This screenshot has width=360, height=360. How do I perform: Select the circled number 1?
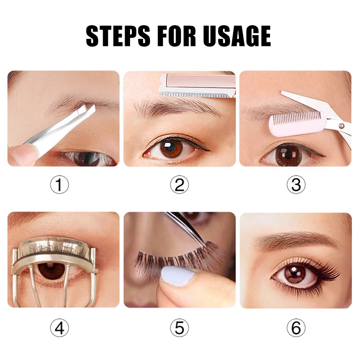59,185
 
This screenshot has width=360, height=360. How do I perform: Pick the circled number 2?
180,185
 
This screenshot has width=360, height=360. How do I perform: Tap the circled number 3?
296,185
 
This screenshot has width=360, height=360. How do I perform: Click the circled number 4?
59,328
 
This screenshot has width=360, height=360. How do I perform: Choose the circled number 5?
180,328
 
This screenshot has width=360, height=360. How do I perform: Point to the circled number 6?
296,328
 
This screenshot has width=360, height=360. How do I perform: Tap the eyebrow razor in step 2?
198,85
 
